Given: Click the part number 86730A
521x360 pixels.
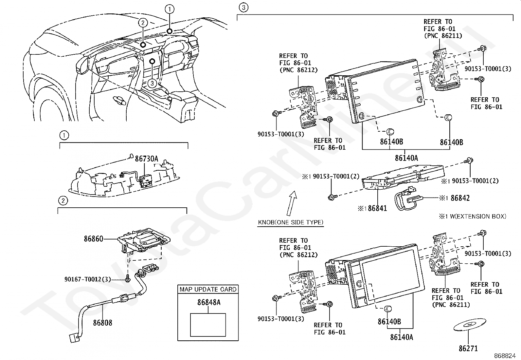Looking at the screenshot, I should point(146,159).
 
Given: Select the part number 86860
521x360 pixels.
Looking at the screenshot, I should point(93,239).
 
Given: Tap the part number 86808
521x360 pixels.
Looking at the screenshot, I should point(102,323).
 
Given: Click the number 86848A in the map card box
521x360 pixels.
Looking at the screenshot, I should point(208,302).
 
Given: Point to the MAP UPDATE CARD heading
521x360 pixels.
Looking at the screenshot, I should point(208,290).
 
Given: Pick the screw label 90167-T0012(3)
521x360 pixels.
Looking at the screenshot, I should point(87,279).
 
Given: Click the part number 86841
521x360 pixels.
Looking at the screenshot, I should point(377,208).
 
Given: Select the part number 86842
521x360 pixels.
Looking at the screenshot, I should point(460,198).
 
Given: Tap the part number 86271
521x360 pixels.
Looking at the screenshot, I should point(468,348).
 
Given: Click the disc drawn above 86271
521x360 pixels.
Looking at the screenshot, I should point(470,325).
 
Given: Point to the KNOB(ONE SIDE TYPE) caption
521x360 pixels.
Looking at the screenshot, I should point(291,222).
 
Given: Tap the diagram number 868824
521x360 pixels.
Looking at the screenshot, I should point(507,355).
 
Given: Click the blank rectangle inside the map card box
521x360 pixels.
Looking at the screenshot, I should point(208,325).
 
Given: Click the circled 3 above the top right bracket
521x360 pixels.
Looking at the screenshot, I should point(242,7).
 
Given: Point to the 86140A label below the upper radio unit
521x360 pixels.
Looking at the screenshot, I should point(406,158).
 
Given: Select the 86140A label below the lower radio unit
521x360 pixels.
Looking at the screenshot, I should point(401,336).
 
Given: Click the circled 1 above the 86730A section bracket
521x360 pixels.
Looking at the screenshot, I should point(64,135).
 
